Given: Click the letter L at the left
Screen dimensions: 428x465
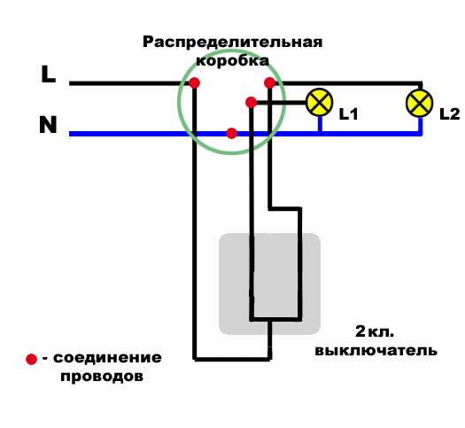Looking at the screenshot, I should (x=49, y=74).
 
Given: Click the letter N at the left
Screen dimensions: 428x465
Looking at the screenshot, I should (x=48, y=125).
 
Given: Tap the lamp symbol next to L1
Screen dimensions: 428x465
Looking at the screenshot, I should (x=319, y=102).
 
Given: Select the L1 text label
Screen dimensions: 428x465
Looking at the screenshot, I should (x=348, y=113).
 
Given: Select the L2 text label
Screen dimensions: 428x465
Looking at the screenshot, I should (x=449, y=113).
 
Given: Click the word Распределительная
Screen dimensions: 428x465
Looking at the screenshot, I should (x=232, y=43).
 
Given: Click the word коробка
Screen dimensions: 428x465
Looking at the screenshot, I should (x=232, y=61).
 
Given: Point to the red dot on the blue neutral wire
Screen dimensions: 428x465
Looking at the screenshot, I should (x=231, y=134).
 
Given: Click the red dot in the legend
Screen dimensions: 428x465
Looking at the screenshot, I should (x=32, y=360).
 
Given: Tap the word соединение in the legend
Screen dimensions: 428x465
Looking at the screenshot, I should (x=107, y=358).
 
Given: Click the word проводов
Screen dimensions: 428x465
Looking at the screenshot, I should (x=102, y=376).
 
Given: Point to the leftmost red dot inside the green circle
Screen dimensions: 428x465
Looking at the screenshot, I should (x=193, y=83).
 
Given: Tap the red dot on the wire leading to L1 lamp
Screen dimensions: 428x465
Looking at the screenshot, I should (x=252, y=103).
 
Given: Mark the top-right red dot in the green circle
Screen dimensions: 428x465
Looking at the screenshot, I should (x=268, y=83).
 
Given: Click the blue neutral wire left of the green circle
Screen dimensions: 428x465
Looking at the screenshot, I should (x=124, y=134).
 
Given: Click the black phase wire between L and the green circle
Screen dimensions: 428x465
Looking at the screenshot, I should (x=124, y=83).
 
